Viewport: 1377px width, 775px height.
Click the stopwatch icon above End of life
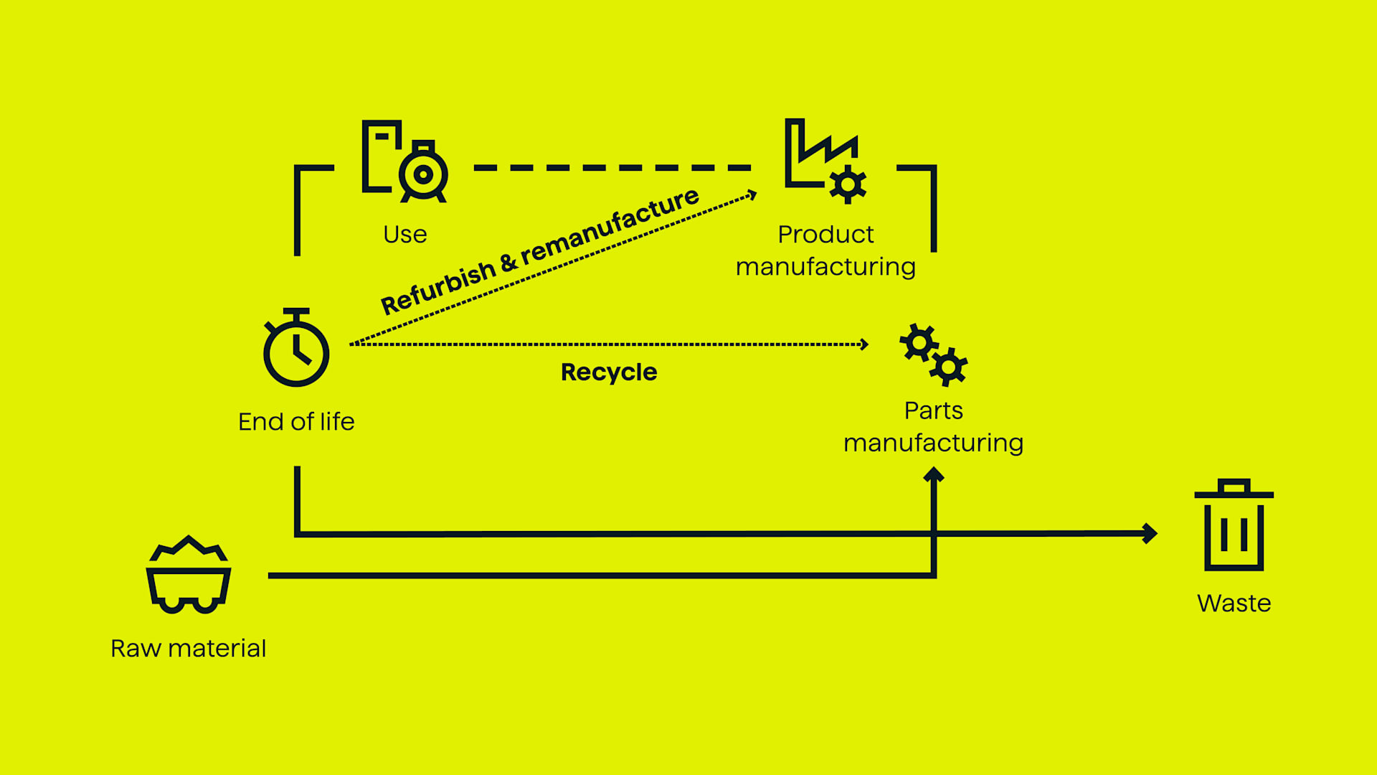coord(296,349)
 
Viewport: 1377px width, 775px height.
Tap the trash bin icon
coord(1234,526)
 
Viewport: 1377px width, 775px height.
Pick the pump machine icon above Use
coord(405,161)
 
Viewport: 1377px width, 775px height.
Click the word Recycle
coord(609,372)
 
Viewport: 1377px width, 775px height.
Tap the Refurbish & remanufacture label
coord(539,250)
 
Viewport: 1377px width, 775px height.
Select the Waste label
coord(1234,603)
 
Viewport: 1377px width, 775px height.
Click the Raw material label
coord(189,649)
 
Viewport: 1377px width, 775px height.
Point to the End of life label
coord(296,422)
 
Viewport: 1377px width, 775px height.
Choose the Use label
coord(405,235)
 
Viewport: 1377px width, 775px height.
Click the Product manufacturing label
coord(825,250)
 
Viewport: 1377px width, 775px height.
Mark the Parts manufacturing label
coord(933,426)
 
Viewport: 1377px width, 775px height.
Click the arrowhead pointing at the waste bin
coord(1150,533)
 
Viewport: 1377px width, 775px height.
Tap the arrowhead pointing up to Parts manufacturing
coord(934,474)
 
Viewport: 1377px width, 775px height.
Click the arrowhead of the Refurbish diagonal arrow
coord(752,194)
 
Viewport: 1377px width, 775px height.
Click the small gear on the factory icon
coord(848,185)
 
